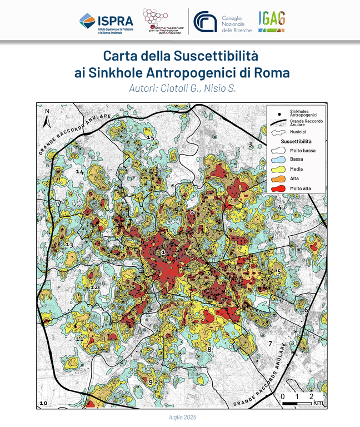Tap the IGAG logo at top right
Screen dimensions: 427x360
[272, 20]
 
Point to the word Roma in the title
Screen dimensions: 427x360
[271, 72]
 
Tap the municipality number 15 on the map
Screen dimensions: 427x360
[149, 137]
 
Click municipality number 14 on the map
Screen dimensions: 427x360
[80, 172]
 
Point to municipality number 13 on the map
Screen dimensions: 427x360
[69, 245]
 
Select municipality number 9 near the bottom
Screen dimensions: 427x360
[151, 383]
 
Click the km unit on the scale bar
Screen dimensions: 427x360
[317, 403]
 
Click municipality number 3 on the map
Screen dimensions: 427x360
[250, 145]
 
